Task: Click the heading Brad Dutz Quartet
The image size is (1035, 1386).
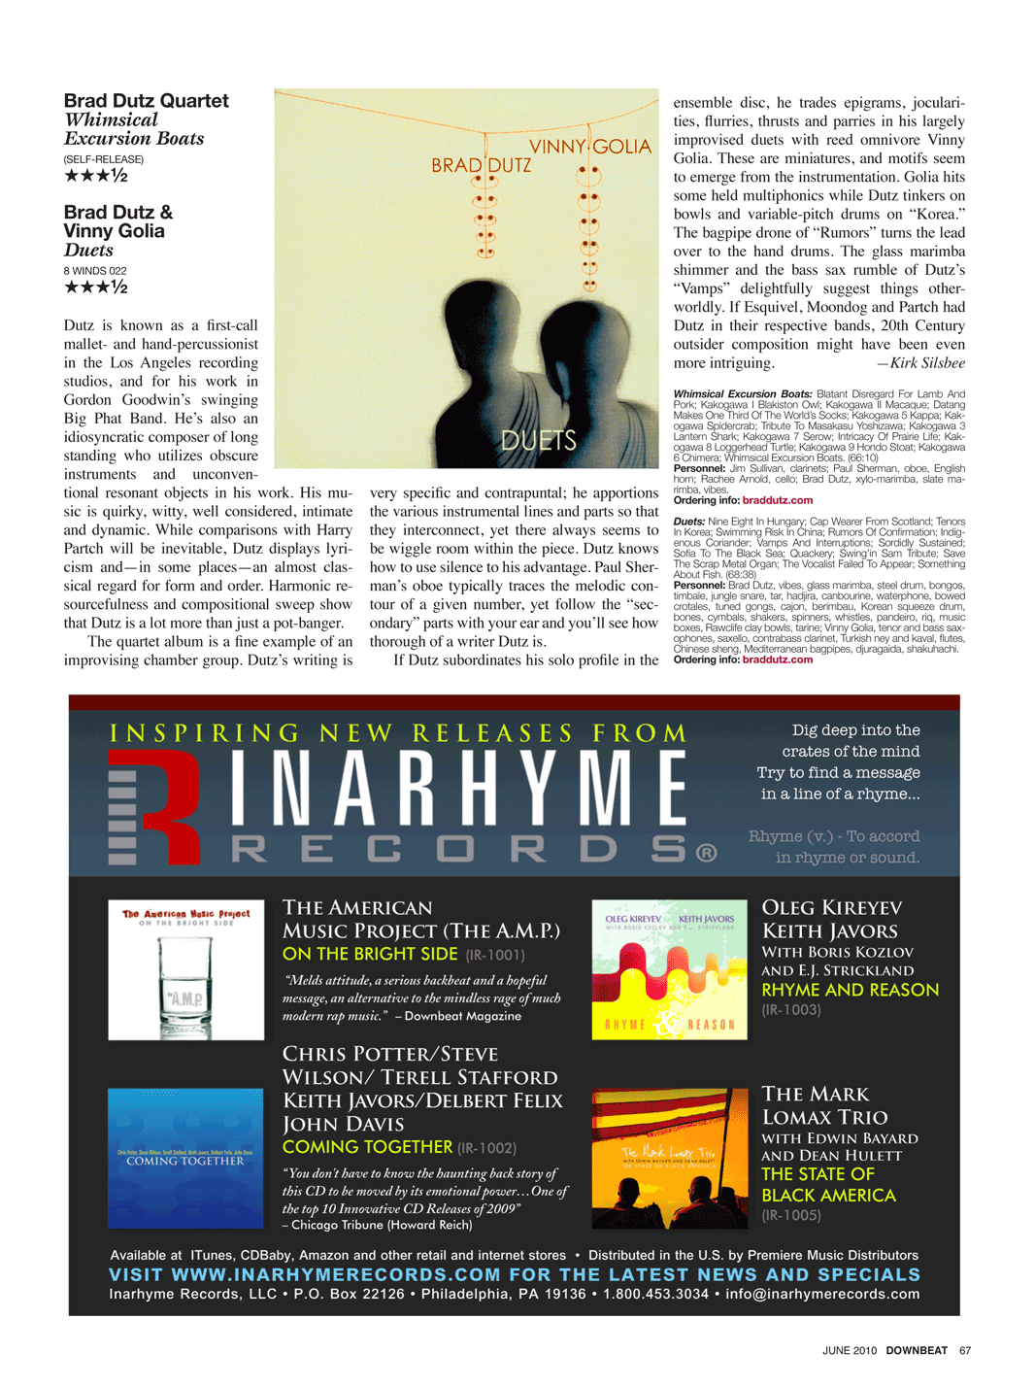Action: (146, 101)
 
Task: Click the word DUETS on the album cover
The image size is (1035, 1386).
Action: (539, 441)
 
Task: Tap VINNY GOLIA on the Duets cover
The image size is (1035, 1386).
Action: (589, 147)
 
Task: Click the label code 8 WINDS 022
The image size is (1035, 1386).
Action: (95, 271)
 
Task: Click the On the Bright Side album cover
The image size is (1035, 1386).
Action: (185, 969)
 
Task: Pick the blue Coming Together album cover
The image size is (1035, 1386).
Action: (185, 1158)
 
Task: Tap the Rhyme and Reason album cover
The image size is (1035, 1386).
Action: (669, 969)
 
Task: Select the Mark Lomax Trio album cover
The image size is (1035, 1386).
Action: (669, 1158)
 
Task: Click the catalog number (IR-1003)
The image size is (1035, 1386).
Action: (791, 1010)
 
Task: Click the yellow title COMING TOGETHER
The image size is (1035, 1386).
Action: (367, 1147)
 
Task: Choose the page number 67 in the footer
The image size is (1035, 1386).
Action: (965, 1350)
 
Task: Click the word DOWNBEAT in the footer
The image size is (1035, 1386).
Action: (917, 1350)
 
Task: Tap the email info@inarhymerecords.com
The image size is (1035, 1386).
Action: (822, 1294)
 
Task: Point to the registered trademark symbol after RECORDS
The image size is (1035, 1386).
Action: (707, 853)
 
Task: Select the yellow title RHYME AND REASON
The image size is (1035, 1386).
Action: (850, 990)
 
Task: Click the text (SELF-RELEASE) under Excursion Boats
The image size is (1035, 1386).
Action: (104, 159)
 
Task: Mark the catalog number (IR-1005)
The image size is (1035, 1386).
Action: (791, 1215)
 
